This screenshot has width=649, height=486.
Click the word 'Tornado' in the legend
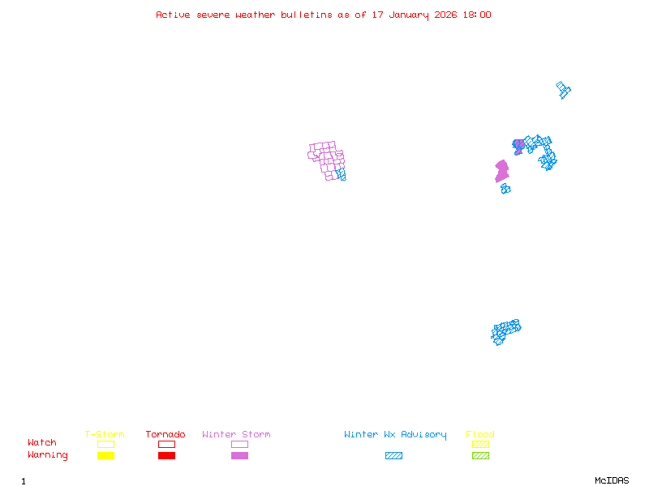tap(165, 434)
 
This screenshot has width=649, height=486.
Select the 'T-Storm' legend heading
tap(105, 434)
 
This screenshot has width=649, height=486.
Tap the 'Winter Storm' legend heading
tap(236, 434)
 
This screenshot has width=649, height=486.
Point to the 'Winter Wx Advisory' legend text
tap(395, 435)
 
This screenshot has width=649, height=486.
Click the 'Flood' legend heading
tap(480, 434)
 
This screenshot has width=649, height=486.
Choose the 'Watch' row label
tap(42, 442)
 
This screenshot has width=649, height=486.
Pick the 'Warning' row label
tap(48, 455)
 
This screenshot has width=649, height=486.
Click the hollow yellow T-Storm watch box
tap(106, 444)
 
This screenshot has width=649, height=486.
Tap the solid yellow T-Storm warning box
tap(106, 455)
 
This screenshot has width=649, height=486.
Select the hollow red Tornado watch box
tap(167, 444)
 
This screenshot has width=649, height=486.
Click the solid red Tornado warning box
tap(167, 455)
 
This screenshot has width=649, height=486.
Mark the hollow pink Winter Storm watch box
tap(239, 444)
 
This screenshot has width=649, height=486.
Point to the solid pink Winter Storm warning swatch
tap(239, 455)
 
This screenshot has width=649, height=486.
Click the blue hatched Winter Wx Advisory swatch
tap(393, 455)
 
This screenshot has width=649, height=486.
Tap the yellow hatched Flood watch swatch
tap(480, 444)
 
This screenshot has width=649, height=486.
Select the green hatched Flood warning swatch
tap(480, 455)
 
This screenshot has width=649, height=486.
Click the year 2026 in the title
tap(445, 15)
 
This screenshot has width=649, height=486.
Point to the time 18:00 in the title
tap(477, 15)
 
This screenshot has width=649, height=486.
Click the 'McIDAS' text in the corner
tap(612, 480)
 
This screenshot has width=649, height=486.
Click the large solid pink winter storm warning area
tap(501, 171)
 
